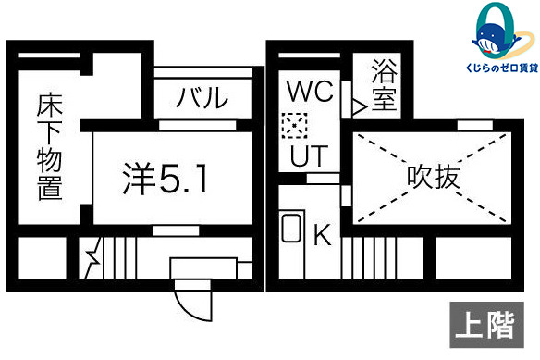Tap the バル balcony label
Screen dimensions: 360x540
[202, 97]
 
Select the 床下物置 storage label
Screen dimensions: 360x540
[49, 148]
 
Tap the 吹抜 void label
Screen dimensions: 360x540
[433, 177]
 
